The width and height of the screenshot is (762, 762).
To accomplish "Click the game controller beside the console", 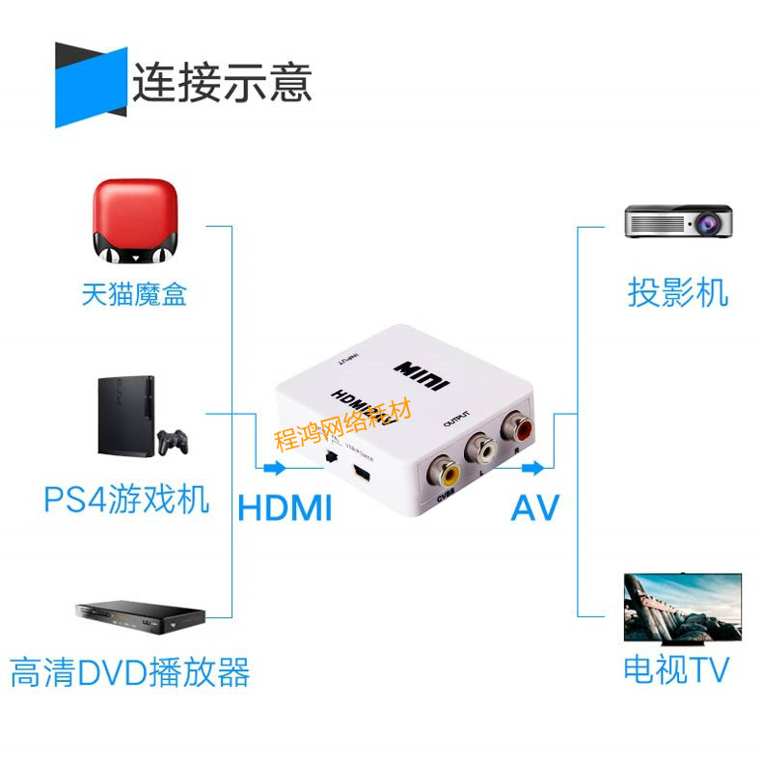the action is point(174,442).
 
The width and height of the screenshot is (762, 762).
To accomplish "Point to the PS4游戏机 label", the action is point(126,500).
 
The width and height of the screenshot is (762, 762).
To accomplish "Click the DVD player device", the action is point(141,614).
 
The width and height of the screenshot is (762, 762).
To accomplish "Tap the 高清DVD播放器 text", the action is point(130,672).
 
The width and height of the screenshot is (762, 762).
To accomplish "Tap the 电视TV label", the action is point(675,669).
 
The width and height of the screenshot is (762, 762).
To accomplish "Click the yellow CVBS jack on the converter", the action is point(446,472).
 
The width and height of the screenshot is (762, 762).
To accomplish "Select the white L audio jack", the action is point(480,449).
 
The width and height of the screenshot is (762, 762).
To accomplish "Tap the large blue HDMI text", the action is point(285,507).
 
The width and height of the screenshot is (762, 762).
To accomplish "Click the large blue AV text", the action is point(534,507).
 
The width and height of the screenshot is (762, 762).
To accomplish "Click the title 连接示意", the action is point(222,82).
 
